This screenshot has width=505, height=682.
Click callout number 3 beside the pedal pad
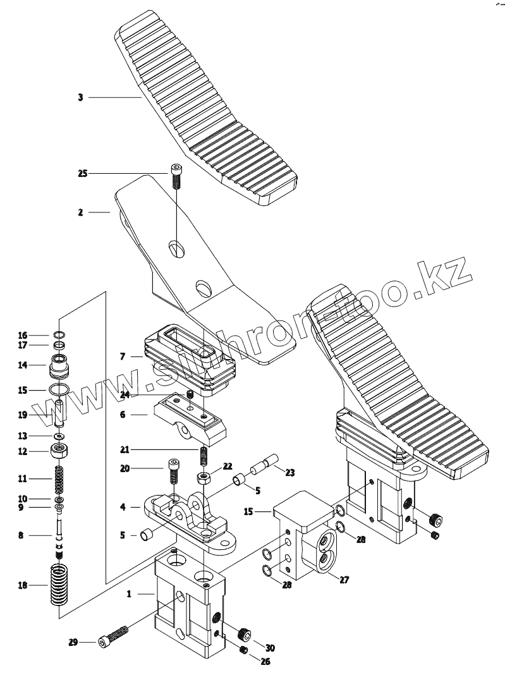[x=80, y=97]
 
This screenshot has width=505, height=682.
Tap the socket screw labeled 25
[x=176, y=176]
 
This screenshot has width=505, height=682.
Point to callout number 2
[x=80, y=212]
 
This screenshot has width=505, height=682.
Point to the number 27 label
[x=344, y=579]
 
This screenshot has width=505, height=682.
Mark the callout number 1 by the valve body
[x=130, y=594]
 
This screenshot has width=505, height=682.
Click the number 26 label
[x=265, y=662]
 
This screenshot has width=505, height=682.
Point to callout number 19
[x=23, y=415]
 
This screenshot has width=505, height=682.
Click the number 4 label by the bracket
[x=123, y=506]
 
